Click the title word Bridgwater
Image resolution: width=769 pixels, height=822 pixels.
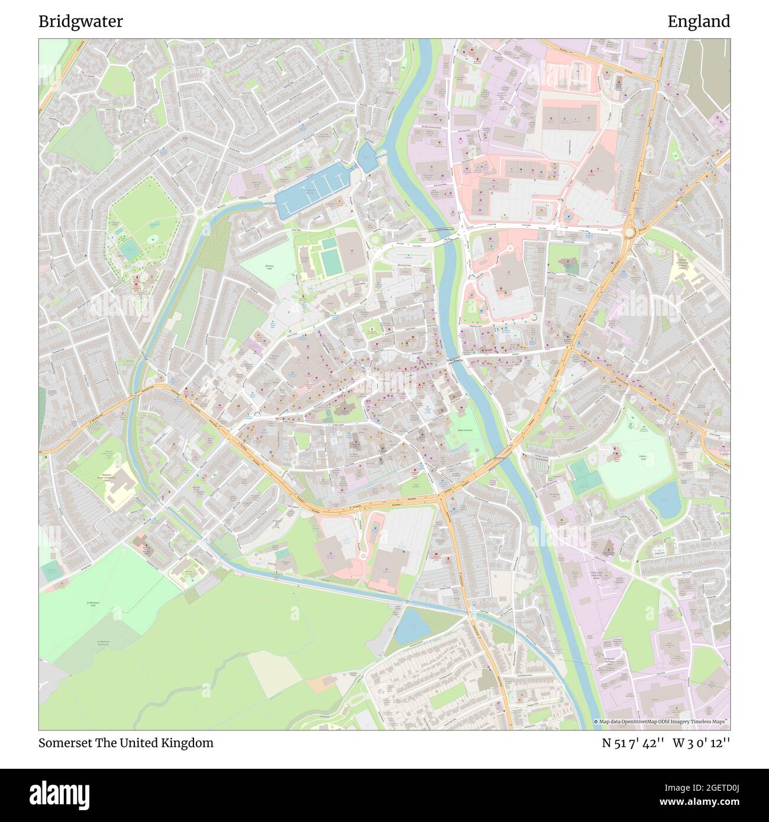pos(81,22)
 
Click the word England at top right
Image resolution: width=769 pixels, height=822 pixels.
pos(699,22)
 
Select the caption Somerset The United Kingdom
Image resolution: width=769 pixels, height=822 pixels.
pos(126,743)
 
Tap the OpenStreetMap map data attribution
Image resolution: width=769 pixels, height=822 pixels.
pos(661,721)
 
